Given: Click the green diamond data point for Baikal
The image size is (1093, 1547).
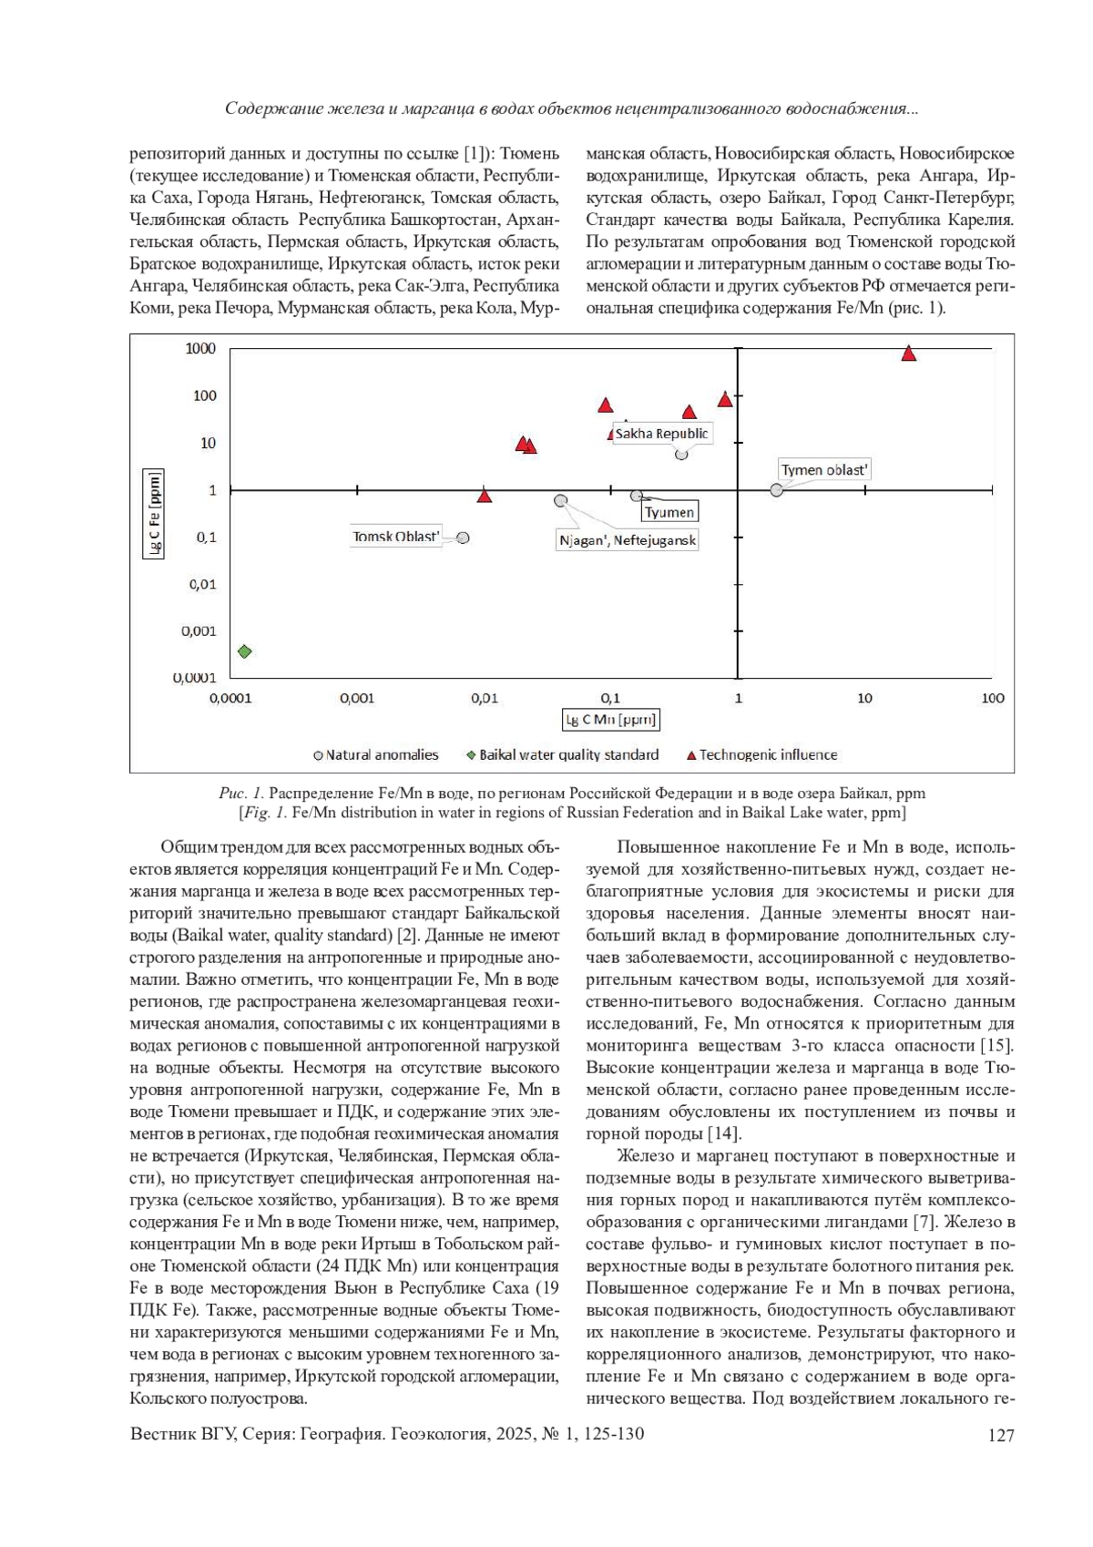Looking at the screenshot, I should click(244, 651).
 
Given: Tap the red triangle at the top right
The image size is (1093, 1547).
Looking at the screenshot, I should click(908, 353).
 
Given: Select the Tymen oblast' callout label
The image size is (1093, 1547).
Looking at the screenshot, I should click(825, 470).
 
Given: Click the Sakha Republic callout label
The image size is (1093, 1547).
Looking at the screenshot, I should click(661, 434).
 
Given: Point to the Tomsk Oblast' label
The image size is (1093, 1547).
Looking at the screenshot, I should click(396, 537).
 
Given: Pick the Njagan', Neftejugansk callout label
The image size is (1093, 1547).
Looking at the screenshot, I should click(628, 540).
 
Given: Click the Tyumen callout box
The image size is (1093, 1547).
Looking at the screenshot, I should click(669, 512).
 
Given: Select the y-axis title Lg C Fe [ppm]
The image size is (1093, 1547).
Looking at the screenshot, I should click(154, 514).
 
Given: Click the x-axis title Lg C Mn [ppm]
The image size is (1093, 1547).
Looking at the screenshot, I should click(610, 720).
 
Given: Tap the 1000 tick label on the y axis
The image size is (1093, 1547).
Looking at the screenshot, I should click(201, 349).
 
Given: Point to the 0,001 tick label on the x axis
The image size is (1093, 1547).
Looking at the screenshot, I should click(357, 698).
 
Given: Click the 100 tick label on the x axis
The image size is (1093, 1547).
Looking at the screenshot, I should click(992, 698).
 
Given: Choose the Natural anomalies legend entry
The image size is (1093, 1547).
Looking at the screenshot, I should click(376, 754).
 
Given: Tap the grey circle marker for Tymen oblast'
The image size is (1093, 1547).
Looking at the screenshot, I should click(776, 490).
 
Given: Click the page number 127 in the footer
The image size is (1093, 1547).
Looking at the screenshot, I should click(1000, 1436).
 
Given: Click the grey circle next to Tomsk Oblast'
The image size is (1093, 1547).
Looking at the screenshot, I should click(463, 538).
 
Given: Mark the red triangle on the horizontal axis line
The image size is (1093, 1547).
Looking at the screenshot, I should click(485, 496).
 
